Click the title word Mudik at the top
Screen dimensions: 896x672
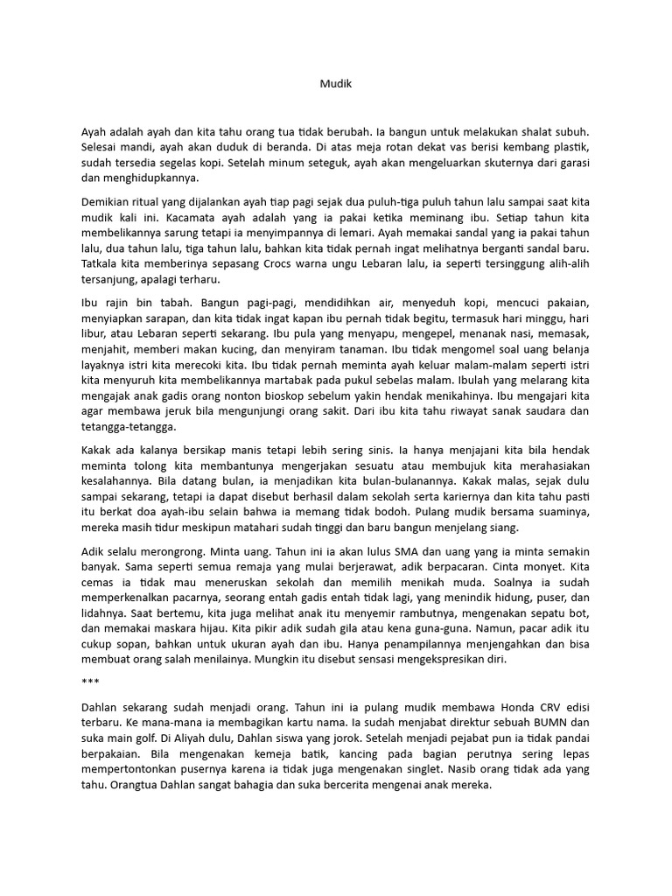(334, 85)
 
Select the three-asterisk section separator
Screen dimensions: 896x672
(88, 678)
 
